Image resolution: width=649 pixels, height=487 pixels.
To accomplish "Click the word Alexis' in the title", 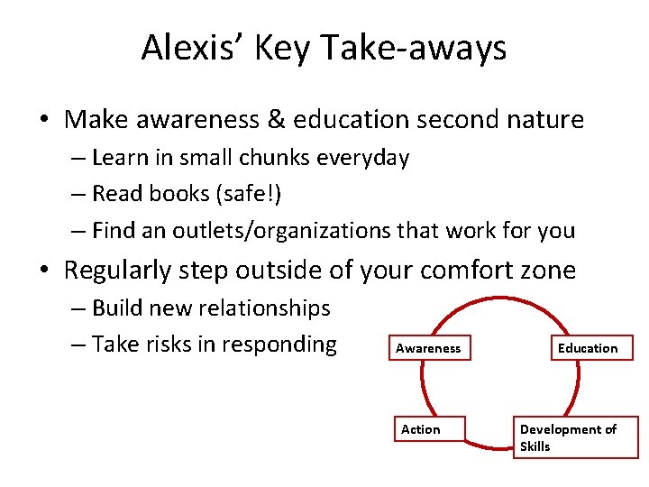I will click(189, 48).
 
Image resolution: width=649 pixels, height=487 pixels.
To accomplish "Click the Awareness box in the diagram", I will click(428, 348).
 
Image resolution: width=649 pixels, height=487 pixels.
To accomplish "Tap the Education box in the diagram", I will click(588, 348).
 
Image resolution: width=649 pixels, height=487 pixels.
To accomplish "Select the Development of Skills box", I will click(574, 437).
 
